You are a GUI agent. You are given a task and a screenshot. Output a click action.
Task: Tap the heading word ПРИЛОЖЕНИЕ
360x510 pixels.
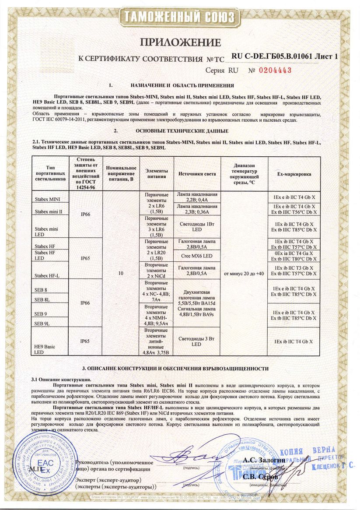click(180, 42)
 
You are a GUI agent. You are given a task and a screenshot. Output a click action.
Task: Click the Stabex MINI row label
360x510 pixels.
click(48, 199)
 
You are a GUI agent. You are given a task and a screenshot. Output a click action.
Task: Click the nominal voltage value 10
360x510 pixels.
click(121, 273)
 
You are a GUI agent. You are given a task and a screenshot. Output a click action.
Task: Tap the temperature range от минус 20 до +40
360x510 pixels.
click(244, 273)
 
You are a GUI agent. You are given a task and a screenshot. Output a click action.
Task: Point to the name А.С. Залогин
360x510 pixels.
click(264, 460)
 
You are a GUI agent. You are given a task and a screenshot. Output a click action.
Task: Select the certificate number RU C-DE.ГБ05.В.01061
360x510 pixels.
click(271, 57)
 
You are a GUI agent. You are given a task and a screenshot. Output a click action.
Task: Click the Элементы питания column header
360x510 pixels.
click(156, 174)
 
